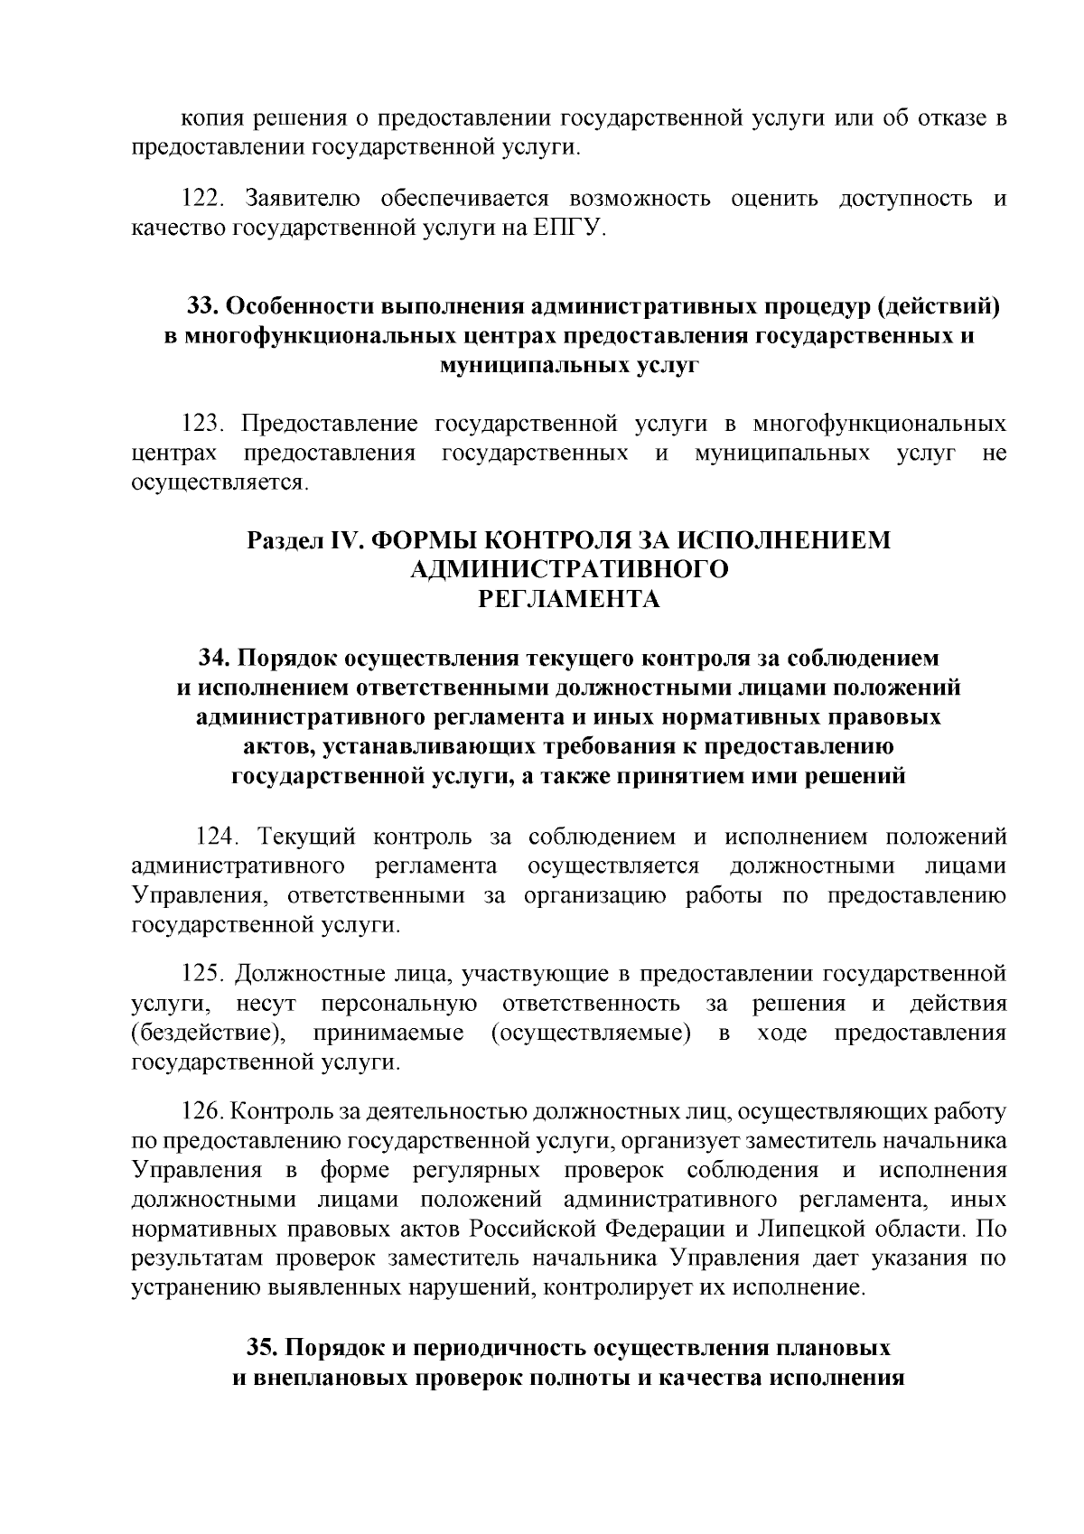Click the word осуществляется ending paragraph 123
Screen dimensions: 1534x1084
[x=219, y=483]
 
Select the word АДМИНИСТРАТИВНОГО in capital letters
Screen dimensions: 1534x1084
[x=569, y=569]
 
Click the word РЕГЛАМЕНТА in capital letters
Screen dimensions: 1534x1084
[x=569, y=599]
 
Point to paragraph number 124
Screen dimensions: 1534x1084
[x=219, y=837]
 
